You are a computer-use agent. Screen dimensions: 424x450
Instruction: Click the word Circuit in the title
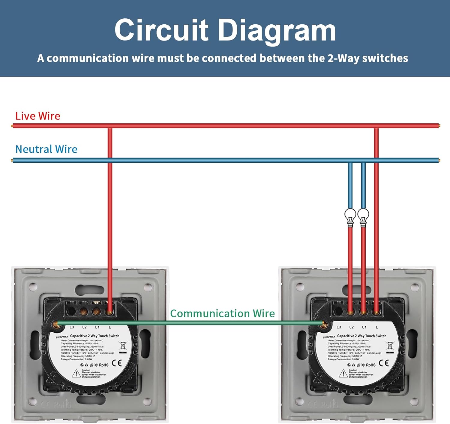pyautogui.click(x=161, y=30)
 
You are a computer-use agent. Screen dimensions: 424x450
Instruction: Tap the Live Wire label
pyautogui.click(x=38, y=116)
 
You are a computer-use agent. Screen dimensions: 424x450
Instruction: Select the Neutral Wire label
pyautogui.click(x=46, y=149)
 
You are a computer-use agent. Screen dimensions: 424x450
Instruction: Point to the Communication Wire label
pyautogui.click(x=222, y=313)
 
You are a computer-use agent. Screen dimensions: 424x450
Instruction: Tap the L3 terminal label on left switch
pyautogui.click(x=72, y=327)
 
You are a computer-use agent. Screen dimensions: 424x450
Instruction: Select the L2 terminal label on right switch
pyautogui.click(x=352, y=327)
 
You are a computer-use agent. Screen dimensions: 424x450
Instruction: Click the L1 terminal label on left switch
pyautogui.click(x=97, y=327)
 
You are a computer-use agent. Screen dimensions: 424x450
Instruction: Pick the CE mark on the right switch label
pyautogui.click(x=384, y=363)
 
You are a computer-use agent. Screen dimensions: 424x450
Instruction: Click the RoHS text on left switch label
pyautogui.click(x=103, y=365)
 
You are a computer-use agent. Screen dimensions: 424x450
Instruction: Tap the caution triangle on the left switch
pyautogui.click(x=76, y=374)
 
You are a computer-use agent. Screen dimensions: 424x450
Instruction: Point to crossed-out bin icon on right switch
pyautogui.click(x=390, y=346)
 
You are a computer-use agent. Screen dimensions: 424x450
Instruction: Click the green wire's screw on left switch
pyautogui.click(x=55, y=324)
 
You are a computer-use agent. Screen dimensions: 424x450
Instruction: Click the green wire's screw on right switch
pyautogui.click(x=323, y=324)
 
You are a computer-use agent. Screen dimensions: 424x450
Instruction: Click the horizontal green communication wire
pyautogui.click(x=189, y=323)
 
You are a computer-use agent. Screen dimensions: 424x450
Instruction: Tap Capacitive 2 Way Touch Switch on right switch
pyautogui.click(x=361, y=336)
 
